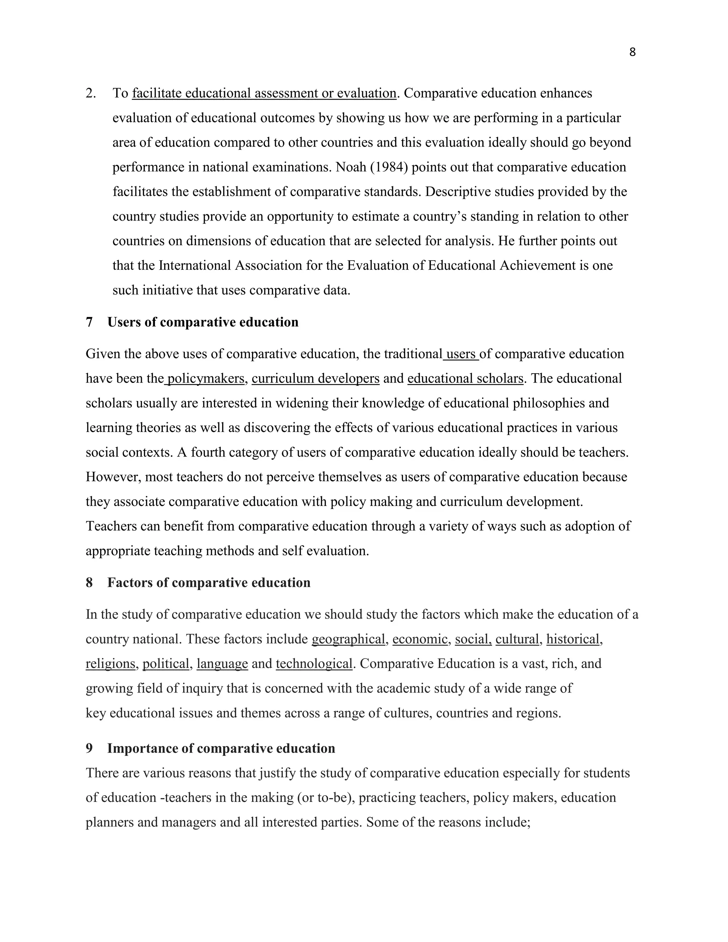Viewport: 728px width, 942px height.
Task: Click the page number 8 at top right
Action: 632,52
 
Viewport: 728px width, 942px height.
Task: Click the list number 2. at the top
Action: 91,93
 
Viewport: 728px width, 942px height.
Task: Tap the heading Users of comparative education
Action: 203,322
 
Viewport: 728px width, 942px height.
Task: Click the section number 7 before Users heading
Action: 89,322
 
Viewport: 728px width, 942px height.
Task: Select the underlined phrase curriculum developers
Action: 315,378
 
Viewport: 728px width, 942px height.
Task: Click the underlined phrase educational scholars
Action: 465,378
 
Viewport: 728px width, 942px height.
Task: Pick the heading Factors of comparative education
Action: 209,583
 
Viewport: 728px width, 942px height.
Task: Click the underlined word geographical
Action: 348,639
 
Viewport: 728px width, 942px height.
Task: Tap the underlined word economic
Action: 420,639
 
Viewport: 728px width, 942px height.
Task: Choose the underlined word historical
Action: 573,639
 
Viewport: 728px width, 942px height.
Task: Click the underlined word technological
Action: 314,663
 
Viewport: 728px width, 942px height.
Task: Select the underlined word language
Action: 222,663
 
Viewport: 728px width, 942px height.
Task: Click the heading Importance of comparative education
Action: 221,748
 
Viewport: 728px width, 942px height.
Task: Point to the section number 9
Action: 89,748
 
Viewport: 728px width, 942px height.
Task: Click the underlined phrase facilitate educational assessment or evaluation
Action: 264,93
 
